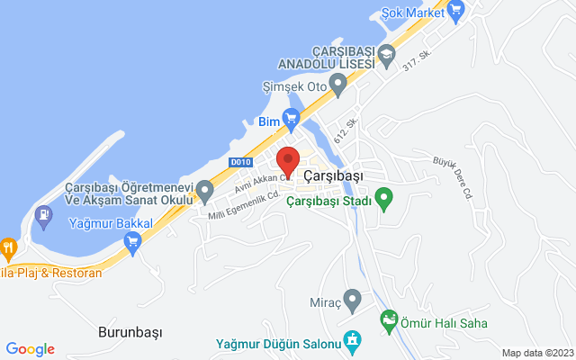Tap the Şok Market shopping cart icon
click(455, 13)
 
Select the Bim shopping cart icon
click(291, 118)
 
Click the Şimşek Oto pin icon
click(338, 85)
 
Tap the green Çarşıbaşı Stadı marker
click(384, 197)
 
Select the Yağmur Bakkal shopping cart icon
click(133, 240)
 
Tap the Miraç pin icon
click(353, 298)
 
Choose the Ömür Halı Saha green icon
click(389, 319)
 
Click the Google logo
click(30, 349)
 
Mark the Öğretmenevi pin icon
click(204, 190)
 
